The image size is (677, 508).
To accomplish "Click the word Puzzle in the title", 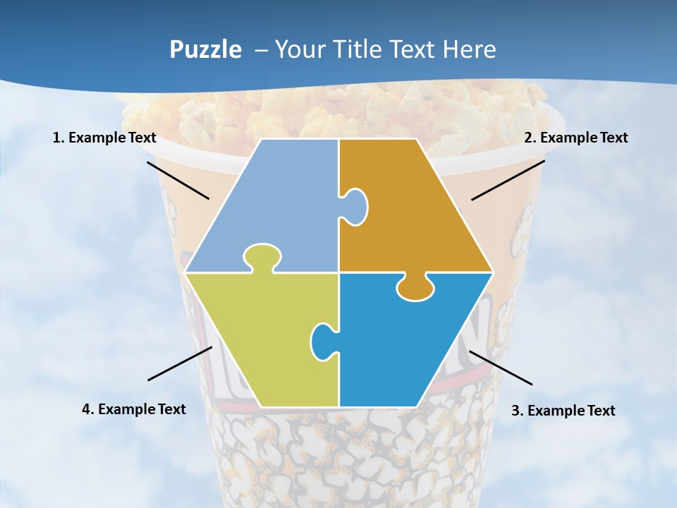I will pyautogui.click(x=205, y=49).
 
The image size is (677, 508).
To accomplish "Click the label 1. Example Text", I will pyautogui.click(x=104, y=138).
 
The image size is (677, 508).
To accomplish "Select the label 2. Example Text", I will pyautogui.click(x=575, y=138).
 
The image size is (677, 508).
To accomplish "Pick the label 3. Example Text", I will pyautogui.click(x=563, y=411).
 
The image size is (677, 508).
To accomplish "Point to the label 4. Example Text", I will pyautogui.click(x=134, y=409).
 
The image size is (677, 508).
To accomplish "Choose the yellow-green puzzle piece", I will pyautogui.click(x=261, y=339).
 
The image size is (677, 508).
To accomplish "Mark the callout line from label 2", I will pyautogui.click(x=508, y=180).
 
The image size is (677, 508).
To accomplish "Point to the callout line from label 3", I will pyautogui.click(x=501, y=368).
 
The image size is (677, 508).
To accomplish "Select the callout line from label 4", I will pyautogui.click(x=180, y=363).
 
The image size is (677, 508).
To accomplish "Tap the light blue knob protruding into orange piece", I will pyautogui.click(x=355, y=207).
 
